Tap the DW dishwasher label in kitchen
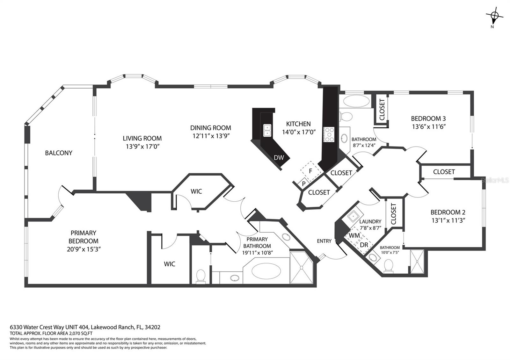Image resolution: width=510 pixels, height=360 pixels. [279, 157]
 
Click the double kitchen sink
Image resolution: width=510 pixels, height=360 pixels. [267, 130]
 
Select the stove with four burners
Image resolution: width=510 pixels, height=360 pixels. [329, 134]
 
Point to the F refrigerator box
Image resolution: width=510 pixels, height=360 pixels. [310, 171]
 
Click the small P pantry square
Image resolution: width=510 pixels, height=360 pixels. [303, 184]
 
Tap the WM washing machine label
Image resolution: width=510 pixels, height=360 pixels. [354, 235]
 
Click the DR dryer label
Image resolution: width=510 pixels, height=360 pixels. [364, 245]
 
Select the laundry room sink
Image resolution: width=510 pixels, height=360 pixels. [353, 217]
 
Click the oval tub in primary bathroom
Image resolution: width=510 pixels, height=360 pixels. [266, 271]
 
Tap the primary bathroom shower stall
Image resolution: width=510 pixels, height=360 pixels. [301, 267]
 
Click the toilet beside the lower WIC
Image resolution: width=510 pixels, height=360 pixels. [201, 276]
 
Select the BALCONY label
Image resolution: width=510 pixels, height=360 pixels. [59, 153]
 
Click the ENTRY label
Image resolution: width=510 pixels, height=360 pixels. [324, 241]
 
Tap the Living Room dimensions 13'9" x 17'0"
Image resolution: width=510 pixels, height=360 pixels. [142, 147]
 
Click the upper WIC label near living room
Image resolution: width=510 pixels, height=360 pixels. [196, 191]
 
